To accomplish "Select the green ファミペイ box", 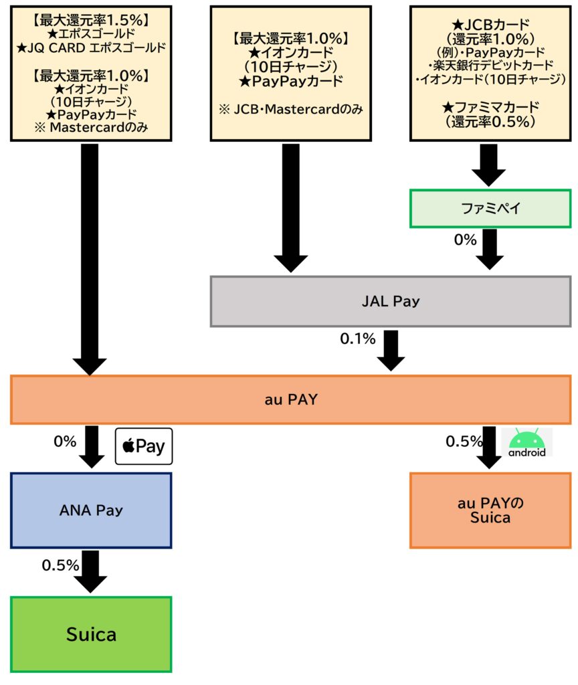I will click(x=490, y=208).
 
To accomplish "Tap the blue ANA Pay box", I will click(x=91, y=510).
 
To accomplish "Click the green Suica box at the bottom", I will click(x=91, y=633).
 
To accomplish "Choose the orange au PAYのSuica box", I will click(x=490, y=510).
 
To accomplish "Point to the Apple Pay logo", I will click(x=144, y=446).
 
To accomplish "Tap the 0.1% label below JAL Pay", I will click(x=358, y=339).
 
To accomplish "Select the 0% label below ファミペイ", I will click(x=466, y=239).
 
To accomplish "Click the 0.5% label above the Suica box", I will click(x=61, y=565).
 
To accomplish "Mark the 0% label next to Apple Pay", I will click(x=65, y=442).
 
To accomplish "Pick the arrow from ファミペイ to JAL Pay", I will click(x=490, y=248).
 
